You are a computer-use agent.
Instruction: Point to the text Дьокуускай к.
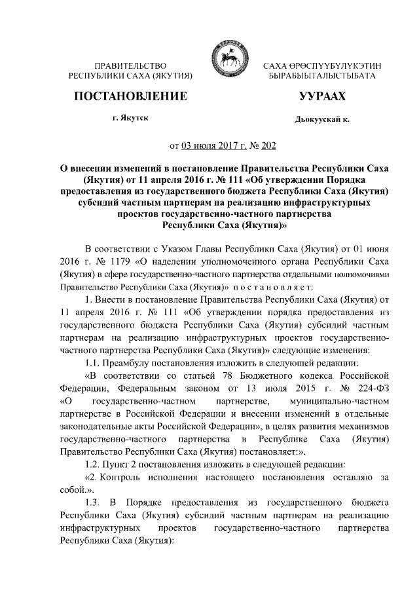click(x=322, y=121)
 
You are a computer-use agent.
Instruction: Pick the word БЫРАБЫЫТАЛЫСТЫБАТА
click(x=321, y=77)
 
